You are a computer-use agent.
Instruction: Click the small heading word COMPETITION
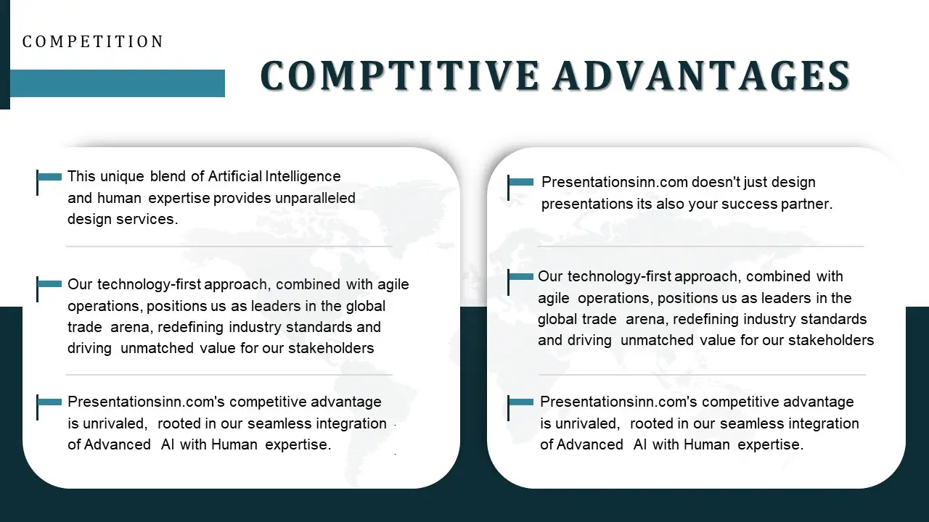tap(93, 42)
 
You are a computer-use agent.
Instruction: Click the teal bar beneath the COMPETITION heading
tap(117, 83)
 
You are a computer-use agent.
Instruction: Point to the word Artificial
tap(234, 176)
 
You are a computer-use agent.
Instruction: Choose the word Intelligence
tap(303, 176)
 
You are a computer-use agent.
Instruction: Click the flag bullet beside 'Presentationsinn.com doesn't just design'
tap(520, 183)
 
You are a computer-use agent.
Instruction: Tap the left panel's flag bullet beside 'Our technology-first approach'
tap(49, 285)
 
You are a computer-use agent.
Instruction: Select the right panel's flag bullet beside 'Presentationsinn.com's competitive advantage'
tap(520, 402)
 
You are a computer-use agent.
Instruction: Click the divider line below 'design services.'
tap(229, 246)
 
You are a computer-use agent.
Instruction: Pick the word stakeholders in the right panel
tap(831, 340)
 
